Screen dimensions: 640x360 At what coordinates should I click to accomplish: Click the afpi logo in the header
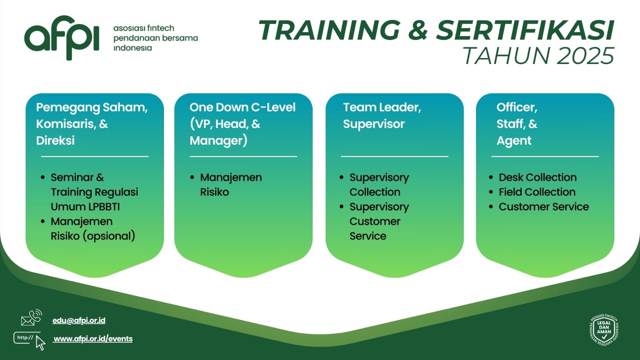(x=62, y=38)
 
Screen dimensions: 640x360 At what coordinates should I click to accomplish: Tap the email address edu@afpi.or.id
(x=79, y=320)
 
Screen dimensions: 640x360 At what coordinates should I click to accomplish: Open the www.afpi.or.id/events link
(x=93, y=338)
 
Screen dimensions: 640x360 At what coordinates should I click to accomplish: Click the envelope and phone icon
(x=32, y=318)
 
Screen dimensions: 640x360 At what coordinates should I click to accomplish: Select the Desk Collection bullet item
(x=538, y=178)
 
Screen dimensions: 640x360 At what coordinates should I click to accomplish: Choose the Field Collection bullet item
(x=537, y=192)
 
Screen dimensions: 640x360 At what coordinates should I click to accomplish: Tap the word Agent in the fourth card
(x=514, y=141)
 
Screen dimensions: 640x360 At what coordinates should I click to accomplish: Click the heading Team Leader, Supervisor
(x=382, y=116)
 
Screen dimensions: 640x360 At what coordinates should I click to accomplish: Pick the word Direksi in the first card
(x=56, y=140)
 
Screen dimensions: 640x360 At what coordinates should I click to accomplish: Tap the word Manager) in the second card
(x=218, y=141)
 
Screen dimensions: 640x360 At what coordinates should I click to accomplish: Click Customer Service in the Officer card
(x=544, y=206)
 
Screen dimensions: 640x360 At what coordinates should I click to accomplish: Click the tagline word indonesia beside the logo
(x=132, y=48)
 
